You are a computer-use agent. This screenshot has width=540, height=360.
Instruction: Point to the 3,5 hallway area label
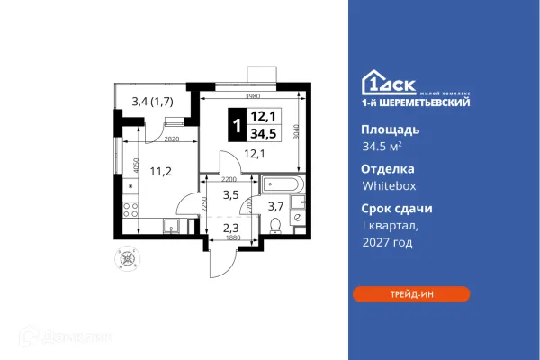pyautogui.click(x=230, y=193)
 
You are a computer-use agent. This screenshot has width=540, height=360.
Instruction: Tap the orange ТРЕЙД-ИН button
pyautogui.click(x=410, y=293)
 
